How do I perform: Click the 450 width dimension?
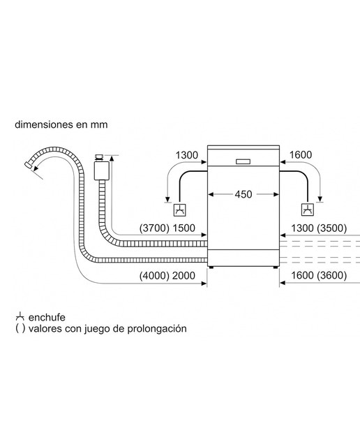[x=243, y=194]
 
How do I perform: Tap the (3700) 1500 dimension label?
[x=167, y=228]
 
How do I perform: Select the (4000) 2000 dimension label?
[x=167, y=276]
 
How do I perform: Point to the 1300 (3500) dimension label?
[x=319, y=228]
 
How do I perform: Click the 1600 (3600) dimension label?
[x=319, y=275]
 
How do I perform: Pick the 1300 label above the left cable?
[x=186, y=155]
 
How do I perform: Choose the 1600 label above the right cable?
[x=301, y=155]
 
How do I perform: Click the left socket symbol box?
[x=180, y=210]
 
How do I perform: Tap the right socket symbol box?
[x=308, y=210]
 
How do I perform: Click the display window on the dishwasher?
[x=243, y=161]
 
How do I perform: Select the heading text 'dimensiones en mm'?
[x=61, y=124]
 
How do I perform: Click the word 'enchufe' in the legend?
[x=47, y=317]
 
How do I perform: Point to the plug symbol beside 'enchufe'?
[x=20, y=317]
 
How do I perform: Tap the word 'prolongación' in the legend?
[x=157, y=329]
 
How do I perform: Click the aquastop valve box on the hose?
[x=102, y=170]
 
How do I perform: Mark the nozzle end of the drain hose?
[x=28, y=165]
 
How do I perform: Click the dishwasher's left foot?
[x=211, y=267]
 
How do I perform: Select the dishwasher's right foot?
[x=276, y=267]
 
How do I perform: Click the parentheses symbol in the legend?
[x=20, y=329]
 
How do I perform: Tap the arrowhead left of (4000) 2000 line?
[x=204, y=284]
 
